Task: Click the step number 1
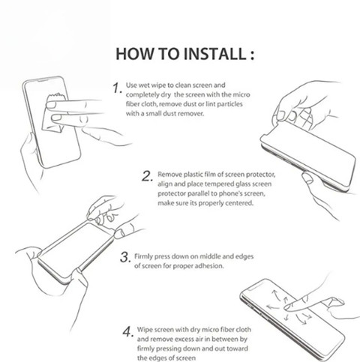116,88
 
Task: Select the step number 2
147,176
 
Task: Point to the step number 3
124,257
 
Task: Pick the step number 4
127,332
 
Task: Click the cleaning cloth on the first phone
55,112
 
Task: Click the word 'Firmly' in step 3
143,256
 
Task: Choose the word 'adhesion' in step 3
209,266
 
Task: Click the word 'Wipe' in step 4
145,330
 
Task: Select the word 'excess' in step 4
186,340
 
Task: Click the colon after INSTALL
252,55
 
